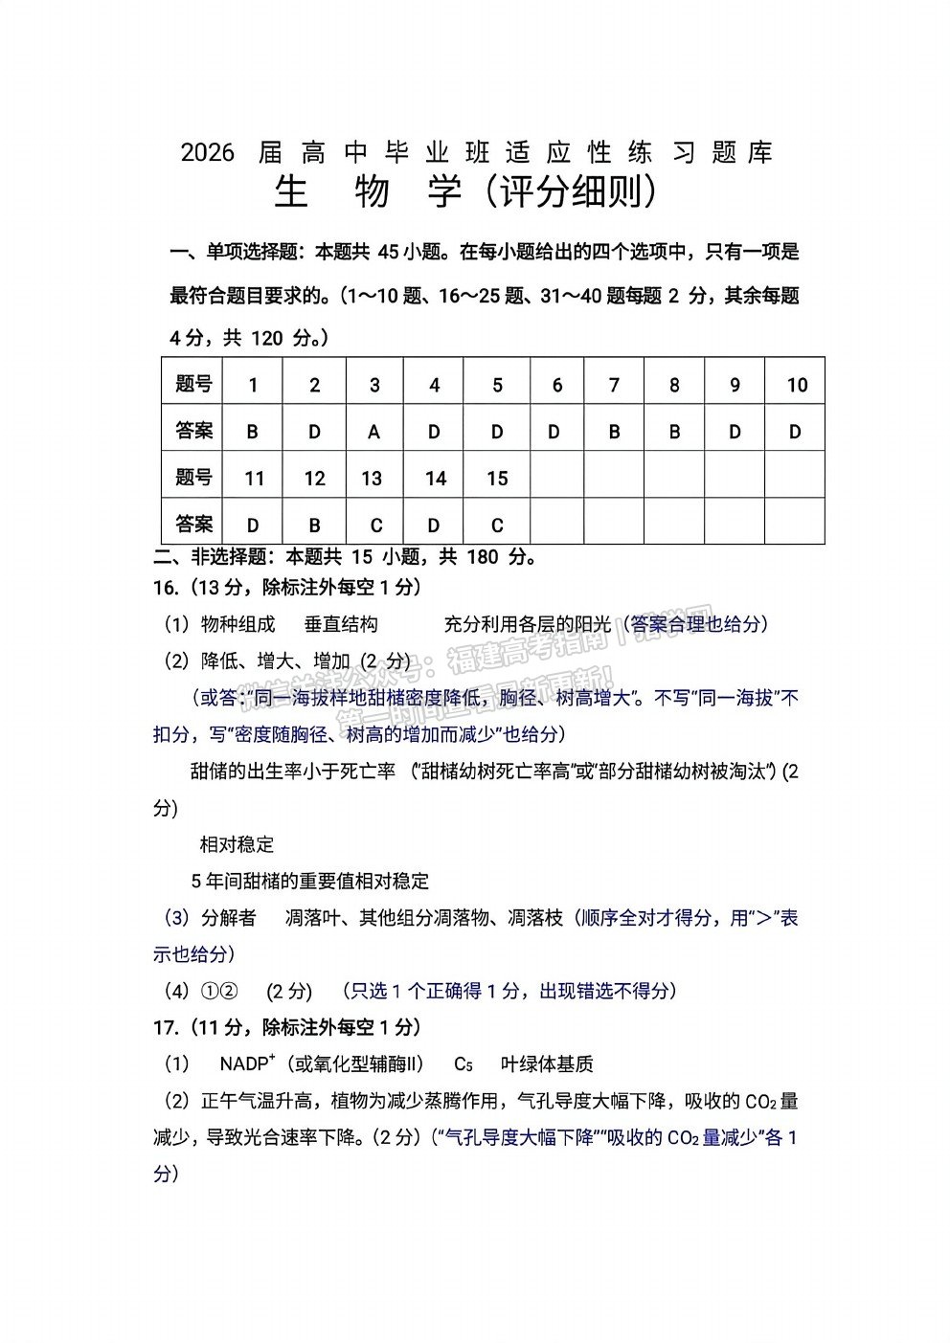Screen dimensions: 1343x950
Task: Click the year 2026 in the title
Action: (207, 152)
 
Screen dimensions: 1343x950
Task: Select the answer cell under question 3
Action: (374, 432)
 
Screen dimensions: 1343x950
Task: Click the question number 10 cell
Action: (796, 385)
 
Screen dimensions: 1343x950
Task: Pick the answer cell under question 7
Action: (614, 432)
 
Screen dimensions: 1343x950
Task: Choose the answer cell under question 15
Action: (496, 525)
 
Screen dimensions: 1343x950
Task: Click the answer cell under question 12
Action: (314, 525)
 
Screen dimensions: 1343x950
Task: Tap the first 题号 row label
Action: (193, 385)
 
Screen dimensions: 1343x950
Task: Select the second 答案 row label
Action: (193, 524)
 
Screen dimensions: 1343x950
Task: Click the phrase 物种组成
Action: (237, 624)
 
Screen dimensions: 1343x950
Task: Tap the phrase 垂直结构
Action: (341, 624)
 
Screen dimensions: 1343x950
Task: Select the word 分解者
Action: (229, 918)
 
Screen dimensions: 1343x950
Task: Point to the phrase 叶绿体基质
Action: (547, 1063)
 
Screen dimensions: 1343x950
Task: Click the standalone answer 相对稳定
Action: (237, 844)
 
